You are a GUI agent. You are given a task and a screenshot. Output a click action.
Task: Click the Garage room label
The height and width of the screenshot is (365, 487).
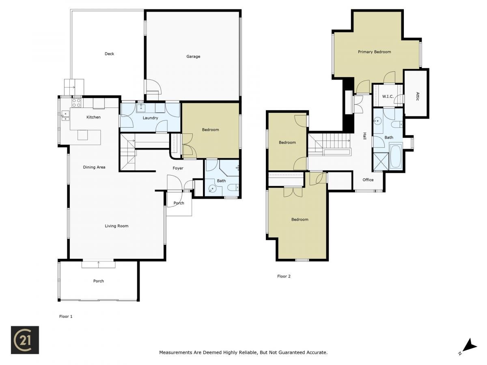pos(193,56)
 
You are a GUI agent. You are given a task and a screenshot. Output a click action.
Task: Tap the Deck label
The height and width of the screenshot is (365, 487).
pos(109,54)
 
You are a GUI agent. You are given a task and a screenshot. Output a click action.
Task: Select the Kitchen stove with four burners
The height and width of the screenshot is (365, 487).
pos(76,103)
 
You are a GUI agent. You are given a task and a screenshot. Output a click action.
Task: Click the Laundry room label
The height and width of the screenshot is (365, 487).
pos(150,118)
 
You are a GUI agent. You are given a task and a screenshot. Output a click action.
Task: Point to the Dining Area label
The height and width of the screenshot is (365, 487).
pos(94,167)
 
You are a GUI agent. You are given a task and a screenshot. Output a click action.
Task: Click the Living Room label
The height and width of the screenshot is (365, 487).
pos(116,226)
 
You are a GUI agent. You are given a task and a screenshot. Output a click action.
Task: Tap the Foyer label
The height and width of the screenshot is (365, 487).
pos(178,168)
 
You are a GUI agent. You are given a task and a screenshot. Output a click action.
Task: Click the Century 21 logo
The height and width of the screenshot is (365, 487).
pos(25,340)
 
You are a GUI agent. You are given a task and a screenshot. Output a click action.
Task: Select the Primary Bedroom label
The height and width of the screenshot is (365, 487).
pos(374,52)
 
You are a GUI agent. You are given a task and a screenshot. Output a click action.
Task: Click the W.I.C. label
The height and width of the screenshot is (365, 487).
pos(388,97)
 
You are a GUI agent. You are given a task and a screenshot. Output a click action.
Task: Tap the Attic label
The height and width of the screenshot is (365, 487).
pos(417,97)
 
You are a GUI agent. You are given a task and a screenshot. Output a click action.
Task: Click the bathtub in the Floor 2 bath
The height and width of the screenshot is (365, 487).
pos(396,156)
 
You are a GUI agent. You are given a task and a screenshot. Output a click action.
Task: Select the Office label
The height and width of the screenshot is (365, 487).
pos(368,180)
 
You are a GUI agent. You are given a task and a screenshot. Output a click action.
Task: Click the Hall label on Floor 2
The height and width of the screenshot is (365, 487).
pos(364,136)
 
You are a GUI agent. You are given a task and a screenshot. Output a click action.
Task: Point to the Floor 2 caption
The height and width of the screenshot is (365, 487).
pos(284,276)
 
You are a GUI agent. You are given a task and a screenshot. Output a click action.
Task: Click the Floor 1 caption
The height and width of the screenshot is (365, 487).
pos(66,316)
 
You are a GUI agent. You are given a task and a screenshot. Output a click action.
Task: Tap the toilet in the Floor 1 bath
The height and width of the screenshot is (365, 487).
pos(233,187)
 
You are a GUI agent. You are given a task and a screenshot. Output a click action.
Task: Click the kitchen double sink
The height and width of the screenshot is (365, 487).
pos(65,116)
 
